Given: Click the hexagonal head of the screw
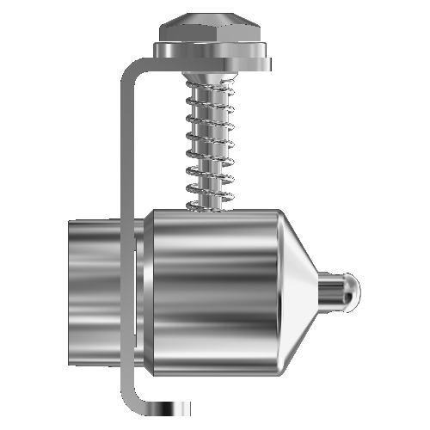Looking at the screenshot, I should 211,31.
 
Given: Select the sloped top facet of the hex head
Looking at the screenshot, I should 211,19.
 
